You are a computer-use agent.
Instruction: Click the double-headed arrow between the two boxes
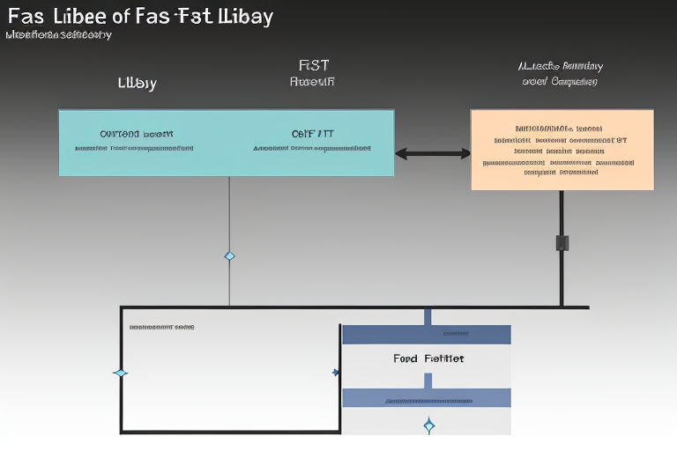coord(432,153)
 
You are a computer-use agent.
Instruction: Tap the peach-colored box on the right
coord(562,150)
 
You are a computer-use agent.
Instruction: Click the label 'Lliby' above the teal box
coord(137,84)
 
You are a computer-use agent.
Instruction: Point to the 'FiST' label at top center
coord(314,65)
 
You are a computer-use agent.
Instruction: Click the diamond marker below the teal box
coord(229,256)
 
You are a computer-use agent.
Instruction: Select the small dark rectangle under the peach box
coord(562,243)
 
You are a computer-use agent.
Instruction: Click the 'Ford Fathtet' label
coord(428,359)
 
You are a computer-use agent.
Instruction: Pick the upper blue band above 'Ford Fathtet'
coord(426,334)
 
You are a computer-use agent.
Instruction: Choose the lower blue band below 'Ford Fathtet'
coord(426,398)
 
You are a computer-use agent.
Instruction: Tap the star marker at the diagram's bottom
coord(428,425)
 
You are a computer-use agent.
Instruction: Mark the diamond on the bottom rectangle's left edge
coord(121,373)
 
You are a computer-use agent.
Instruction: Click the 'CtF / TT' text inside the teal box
coord(312,134)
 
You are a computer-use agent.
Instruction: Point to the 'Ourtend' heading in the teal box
coord(136,134)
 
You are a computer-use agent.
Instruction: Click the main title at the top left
coord(138,16)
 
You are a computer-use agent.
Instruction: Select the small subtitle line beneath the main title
coord(58,35)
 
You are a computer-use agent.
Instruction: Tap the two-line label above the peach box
coord(559,73)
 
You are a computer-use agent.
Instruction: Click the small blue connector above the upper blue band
coord(427,316)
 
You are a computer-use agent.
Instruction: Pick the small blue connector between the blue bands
coord(427,381)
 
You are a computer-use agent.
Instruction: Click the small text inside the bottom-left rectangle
coord(161,327)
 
